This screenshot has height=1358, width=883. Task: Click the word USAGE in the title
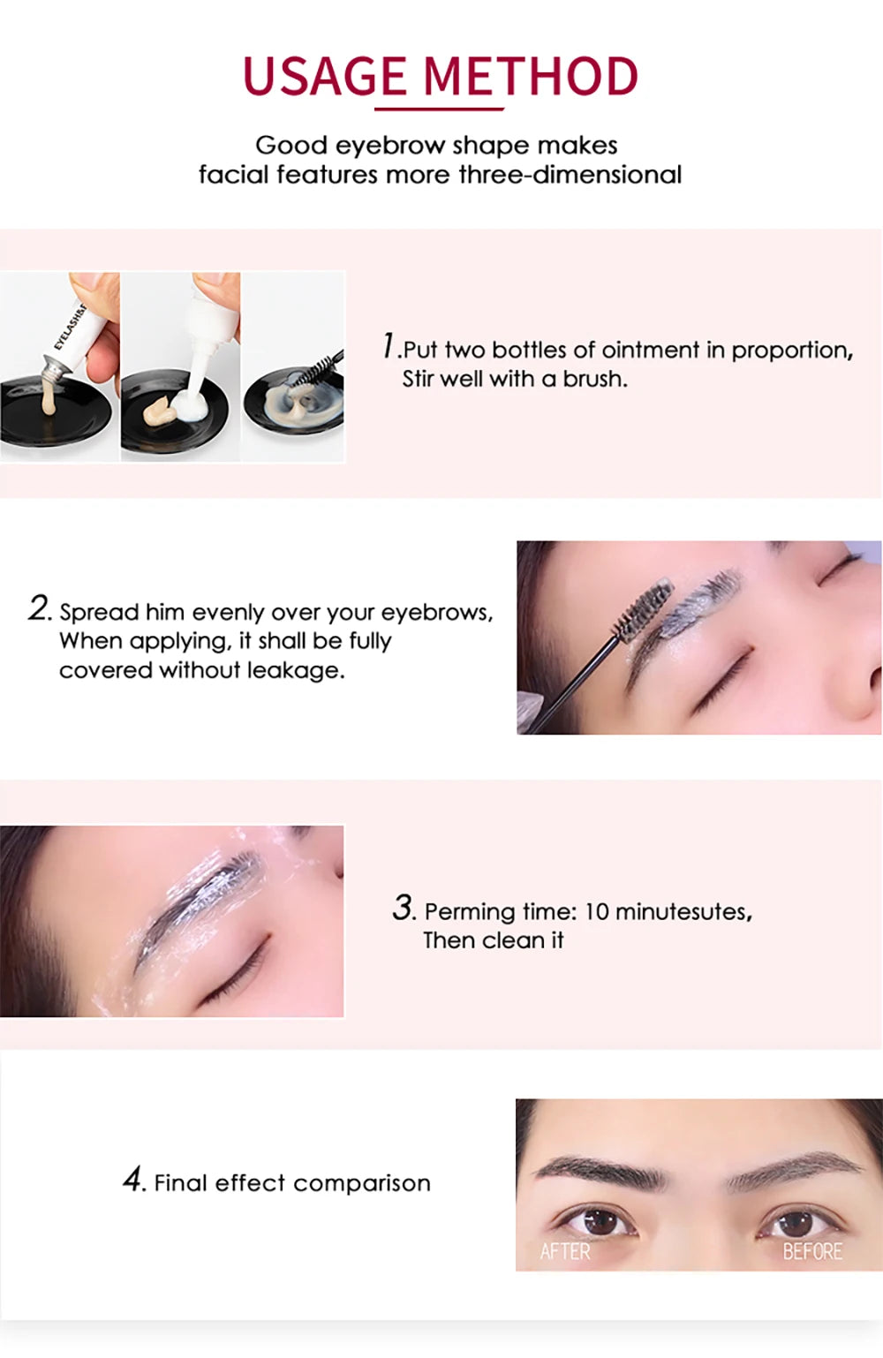point(323,77)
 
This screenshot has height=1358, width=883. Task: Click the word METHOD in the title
point(531,77)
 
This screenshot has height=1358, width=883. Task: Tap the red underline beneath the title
point(439,109)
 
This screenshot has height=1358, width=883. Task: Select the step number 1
point(389,346)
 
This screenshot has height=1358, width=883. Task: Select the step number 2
point(40,608)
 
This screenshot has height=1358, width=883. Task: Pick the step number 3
point(404,908)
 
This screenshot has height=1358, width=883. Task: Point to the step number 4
point(133,1180)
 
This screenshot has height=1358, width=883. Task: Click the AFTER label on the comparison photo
point(565,1251)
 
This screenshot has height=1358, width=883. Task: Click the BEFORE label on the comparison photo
point(812,1251)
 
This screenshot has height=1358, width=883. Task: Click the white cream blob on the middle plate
point(190,407)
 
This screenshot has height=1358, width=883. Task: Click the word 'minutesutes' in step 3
point(682,911)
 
